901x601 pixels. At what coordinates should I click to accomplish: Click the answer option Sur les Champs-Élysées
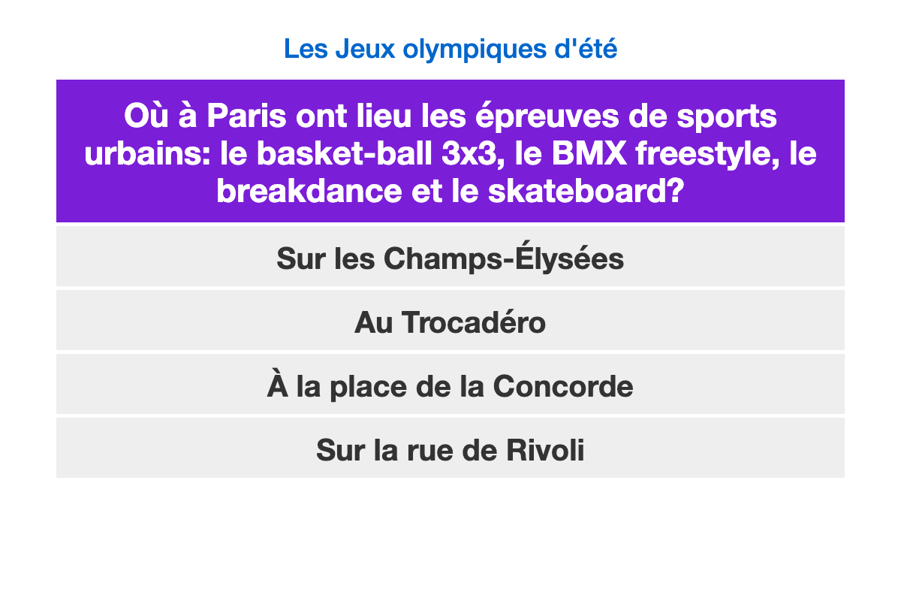click(x=450, y=256)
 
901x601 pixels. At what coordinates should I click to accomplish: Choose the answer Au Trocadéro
click(x=450, y=321)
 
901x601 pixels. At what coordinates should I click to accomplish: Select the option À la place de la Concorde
click(x=450, y=384)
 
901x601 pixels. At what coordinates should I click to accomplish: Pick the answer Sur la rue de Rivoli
click(x=450, y=448)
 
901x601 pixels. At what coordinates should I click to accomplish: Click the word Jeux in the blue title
click(x=366, y=49)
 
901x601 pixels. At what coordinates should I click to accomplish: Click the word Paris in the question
click(x=246, y=116)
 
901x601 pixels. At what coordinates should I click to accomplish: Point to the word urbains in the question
click(x=147, y=154)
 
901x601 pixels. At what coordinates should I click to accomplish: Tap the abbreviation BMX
click(x=589, y=154)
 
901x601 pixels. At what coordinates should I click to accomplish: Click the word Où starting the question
click(x=146, y=116)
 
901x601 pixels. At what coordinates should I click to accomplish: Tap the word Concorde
click(x=563, y=386)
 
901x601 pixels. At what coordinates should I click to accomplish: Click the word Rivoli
click(x=545, y=450)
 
